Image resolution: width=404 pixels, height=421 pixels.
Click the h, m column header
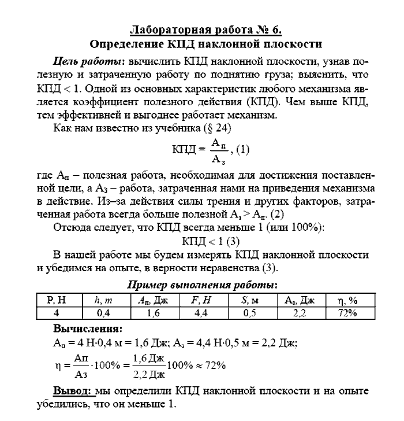point(103,300)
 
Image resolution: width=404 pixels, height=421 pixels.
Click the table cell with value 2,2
point(299,313)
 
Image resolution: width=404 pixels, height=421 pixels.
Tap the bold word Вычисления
point(87,328)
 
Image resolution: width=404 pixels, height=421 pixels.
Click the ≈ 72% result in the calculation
point(209,365)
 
